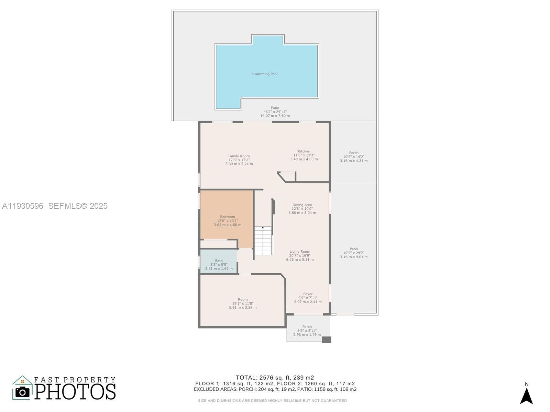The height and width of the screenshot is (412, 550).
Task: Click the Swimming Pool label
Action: (x=265, y=74)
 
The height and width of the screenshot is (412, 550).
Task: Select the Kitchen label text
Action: (x=304, y=151)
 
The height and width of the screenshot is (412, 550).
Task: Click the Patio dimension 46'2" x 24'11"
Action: (x=275, y=112)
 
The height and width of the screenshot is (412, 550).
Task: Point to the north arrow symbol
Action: (x=526, y=396)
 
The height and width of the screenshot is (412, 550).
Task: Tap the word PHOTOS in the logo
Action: (x=75, y=391)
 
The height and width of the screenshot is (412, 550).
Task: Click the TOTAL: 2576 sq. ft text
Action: (x=275, y=378)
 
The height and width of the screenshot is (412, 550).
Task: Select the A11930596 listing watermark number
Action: (x=23, y=206)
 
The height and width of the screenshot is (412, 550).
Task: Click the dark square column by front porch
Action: (x=326, y=340)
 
